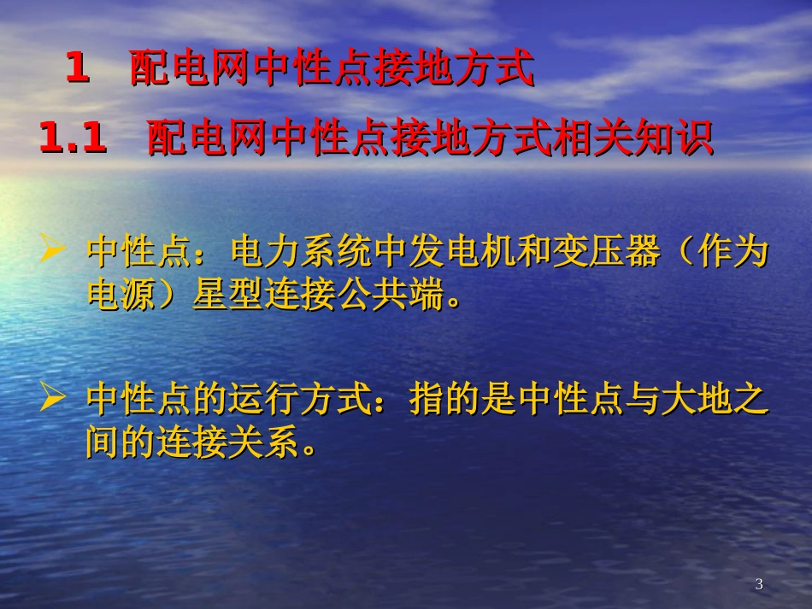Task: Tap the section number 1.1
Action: tap(74, 139)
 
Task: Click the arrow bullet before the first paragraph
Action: tap(53, 251)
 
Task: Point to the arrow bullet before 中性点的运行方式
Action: tap(53, 397)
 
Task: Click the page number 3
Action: tap(759, 584)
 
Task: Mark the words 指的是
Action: tap(462, 400)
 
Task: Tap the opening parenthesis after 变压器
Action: tap(683, 253)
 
